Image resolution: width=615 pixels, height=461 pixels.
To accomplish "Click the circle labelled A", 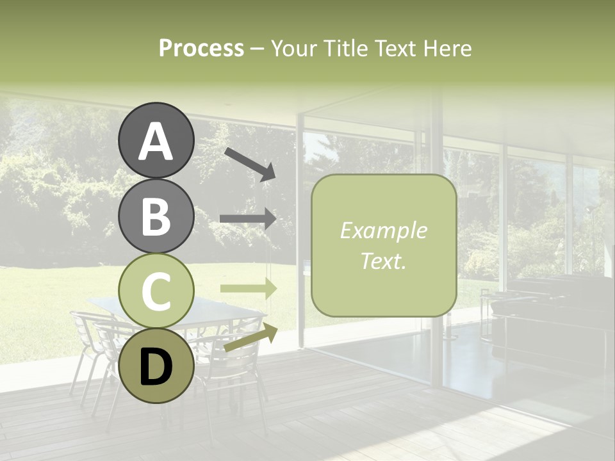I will tap(156, 140).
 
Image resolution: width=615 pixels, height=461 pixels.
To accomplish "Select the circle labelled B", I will tap(156, 215).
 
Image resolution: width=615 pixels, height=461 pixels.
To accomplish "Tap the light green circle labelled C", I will tap(156, 290).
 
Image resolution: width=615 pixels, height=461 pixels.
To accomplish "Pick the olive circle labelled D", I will tap(156, 365).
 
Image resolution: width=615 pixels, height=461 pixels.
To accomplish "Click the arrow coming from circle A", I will tap(250, 164).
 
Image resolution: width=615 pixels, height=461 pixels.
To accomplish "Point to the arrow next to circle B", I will tap(248, 219).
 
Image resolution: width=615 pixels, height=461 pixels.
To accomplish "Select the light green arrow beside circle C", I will tap(248, 288).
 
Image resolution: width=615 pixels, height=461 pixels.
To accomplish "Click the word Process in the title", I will tap(201, 49).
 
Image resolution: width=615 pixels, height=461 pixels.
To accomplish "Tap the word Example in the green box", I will tap(383, 230).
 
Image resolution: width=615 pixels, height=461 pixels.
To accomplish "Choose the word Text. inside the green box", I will tap(383, 261).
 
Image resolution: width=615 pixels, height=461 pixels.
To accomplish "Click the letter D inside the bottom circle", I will tap(156, 368).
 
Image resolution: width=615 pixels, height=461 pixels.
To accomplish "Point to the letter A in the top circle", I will tap(156, 142).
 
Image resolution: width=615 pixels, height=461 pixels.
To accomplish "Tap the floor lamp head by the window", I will tap(587, 209).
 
